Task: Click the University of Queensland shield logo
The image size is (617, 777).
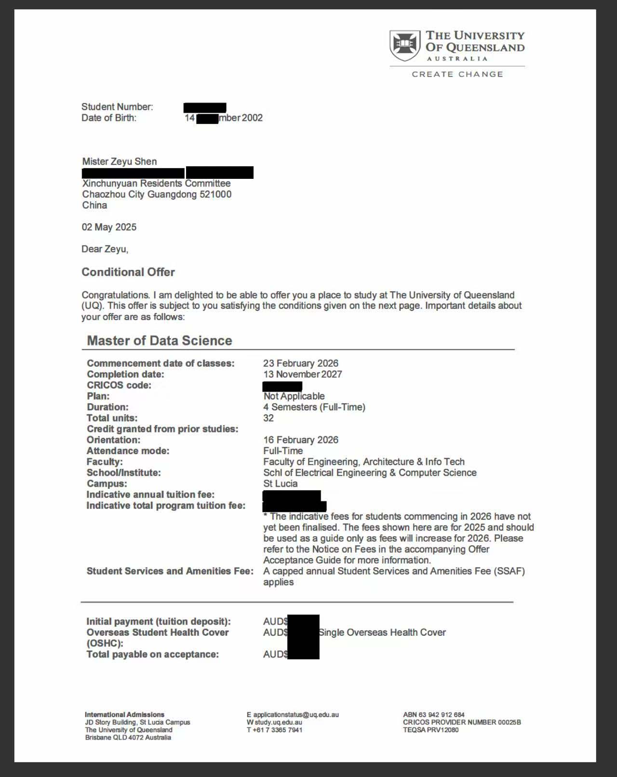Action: (x=404, y=45)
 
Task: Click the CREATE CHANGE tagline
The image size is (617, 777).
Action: (x=457, y=74)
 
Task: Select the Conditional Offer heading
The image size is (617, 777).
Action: (x=128, y=272)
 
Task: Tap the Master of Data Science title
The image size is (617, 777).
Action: (x=159, y=341)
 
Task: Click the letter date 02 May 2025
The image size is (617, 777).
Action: (x=109, y=227)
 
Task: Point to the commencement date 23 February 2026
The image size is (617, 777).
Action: (x=300, y=363)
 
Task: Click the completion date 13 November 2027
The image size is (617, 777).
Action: (x=302, y=374)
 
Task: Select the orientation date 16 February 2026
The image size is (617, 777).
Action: (x=300, y=440)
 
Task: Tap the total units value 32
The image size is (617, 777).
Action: (x=268, y=418)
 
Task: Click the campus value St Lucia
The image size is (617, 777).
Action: (x=280, y=483)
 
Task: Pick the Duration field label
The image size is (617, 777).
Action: (x=107, y=407)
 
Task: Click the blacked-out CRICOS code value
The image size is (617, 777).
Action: (x=282, y=386)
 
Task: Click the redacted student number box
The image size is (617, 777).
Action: (x=205, y=107)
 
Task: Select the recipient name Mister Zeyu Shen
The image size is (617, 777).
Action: (x=120, y=161)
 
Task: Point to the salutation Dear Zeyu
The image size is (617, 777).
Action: (x=105, y=249)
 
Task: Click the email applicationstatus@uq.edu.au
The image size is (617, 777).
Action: (x=296, y=714)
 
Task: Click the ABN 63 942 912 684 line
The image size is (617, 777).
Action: (x=433, y=714)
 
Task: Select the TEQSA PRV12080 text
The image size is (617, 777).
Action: (x=430, y=730)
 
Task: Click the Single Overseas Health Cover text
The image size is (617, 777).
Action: (x=382, y=632)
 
